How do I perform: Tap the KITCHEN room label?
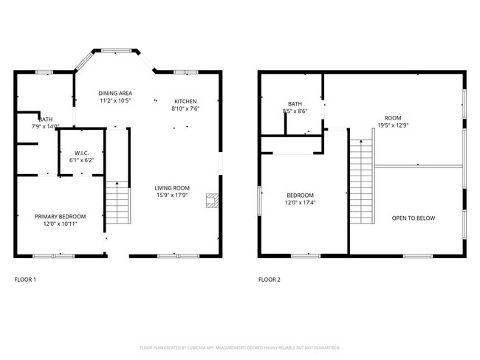click(x=185, y=101)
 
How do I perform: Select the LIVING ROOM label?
click(x=172, y=187)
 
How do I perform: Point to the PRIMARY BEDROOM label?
click(x=61, y=216)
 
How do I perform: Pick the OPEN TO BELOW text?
click(x=413, y=218)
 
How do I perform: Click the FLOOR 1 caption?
click(x=25, y=280)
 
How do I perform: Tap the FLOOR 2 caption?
click(x=270, y=280)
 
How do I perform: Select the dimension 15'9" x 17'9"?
click(x=172, y=195)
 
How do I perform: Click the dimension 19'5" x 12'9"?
click(x=392, y=125)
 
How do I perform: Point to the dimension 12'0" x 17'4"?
click(x=301, y=202)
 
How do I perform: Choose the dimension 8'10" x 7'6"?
click(x=185, y=108)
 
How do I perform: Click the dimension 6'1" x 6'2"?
click(x=81, y=159)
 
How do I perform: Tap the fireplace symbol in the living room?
click(x=212, y=200)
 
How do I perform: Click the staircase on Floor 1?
click(x=117, y=203)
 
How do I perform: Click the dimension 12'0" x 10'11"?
click(x=61, y=224)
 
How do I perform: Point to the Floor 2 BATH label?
click(x=295, y=104)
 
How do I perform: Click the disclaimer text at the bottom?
click(x=240, y=347)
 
